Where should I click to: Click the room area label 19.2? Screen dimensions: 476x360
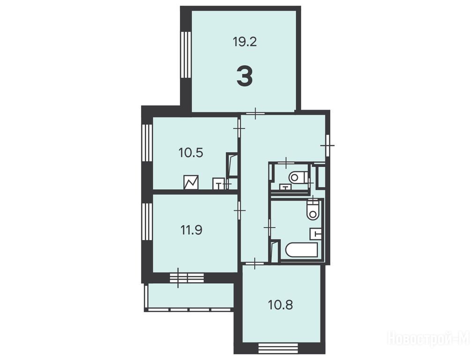(x=245, y=42)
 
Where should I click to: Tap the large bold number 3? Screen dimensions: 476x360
(x=245, y=77)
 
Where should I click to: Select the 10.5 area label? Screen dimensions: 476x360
(x=191, y=153)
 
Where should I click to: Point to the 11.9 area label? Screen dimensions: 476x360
(x=192, y=230)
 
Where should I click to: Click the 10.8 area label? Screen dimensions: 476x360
(x=281, y=305)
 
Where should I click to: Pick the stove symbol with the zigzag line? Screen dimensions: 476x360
(x=191, y=182)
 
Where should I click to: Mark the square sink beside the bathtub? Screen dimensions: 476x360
(x=315, y=233)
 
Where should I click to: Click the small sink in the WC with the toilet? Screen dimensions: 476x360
(x=285, y=187)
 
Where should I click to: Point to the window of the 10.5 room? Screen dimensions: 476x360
(x=147, y=143)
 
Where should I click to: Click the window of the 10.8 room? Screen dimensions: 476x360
(x=278, y=347)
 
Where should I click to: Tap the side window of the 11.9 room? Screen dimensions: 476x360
(x=147, y=222)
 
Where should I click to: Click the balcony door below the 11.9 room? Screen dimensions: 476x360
(x=186, y=277)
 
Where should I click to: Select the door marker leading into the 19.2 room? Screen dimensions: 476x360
(x=255, y=113)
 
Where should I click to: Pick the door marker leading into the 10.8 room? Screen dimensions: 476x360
(x=255, y=263)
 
